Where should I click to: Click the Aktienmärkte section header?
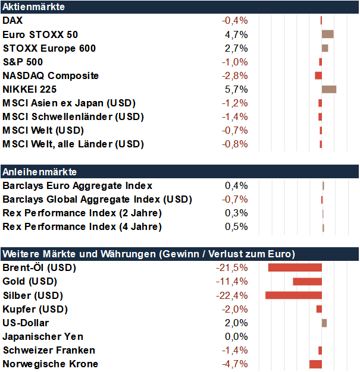[33, 7]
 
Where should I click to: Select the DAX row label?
[12, 20]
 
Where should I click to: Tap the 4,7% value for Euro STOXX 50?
[236, 34]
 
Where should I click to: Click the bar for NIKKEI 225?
[329, 90]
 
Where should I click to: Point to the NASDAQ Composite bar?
[318, 75]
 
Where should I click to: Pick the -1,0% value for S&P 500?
[235, 62]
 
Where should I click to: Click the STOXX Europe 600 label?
[49, 48]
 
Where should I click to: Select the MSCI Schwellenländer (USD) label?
[73, 117]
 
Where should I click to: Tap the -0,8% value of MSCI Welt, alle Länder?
[235, 144]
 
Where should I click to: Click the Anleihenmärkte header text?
[40, 172]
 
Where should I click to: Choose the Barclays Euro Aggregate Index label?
[77, 186]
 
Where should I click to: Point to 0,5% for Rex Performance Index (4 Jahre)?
[236, 226]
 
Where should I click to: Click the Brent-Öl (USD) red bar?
[295, 267]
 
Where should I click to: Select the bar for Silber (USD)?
[293, 295]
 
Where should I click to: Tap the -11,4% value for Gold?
[231, 282]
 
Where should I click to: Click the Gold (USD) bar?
[307, 282]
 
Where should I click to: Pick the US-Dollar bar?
[324, 323]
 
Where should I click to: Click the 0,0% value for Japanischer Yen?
[236, 337]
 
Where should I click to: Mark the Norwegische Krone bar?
[315, 364]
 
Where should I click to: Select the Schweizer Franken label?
[49, 351]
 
